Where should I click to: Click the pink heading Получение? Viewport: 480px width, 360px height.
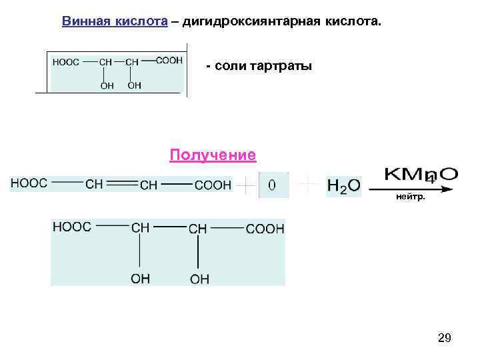[213, 155]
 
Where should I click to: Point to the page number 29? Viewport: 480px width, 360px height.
[445, 339]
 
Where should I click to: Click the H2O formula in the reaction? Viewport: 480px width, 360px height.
[344, 186]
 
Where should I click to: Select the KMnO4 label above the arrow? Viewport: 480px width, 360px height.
[421, 175]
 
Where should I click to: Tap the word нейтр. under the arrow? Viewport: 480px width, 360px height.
[410, 197]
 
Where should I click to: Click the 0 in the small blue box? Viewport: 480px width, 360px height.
[273, 185]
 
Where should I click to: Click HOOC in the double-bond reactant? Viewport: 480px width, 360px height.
[29, 183]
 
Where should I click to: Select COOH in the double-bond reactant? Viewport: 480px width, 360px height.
[213, 185]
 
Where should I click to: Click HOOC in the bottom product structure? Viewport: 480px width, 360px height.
[72, 227]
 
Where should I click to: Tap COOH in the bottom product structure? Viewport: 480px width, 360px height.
[265, 229]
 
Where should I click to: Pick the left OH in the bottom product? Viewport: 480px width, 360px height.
[141, 279]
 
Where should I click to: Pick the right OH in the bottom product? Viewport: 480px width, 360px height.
[199, 279]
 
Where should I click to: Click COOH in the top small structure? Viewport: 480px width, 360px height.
[169, 60]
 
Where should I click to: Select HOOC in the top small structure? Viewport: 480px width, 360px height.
[65, 62]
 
